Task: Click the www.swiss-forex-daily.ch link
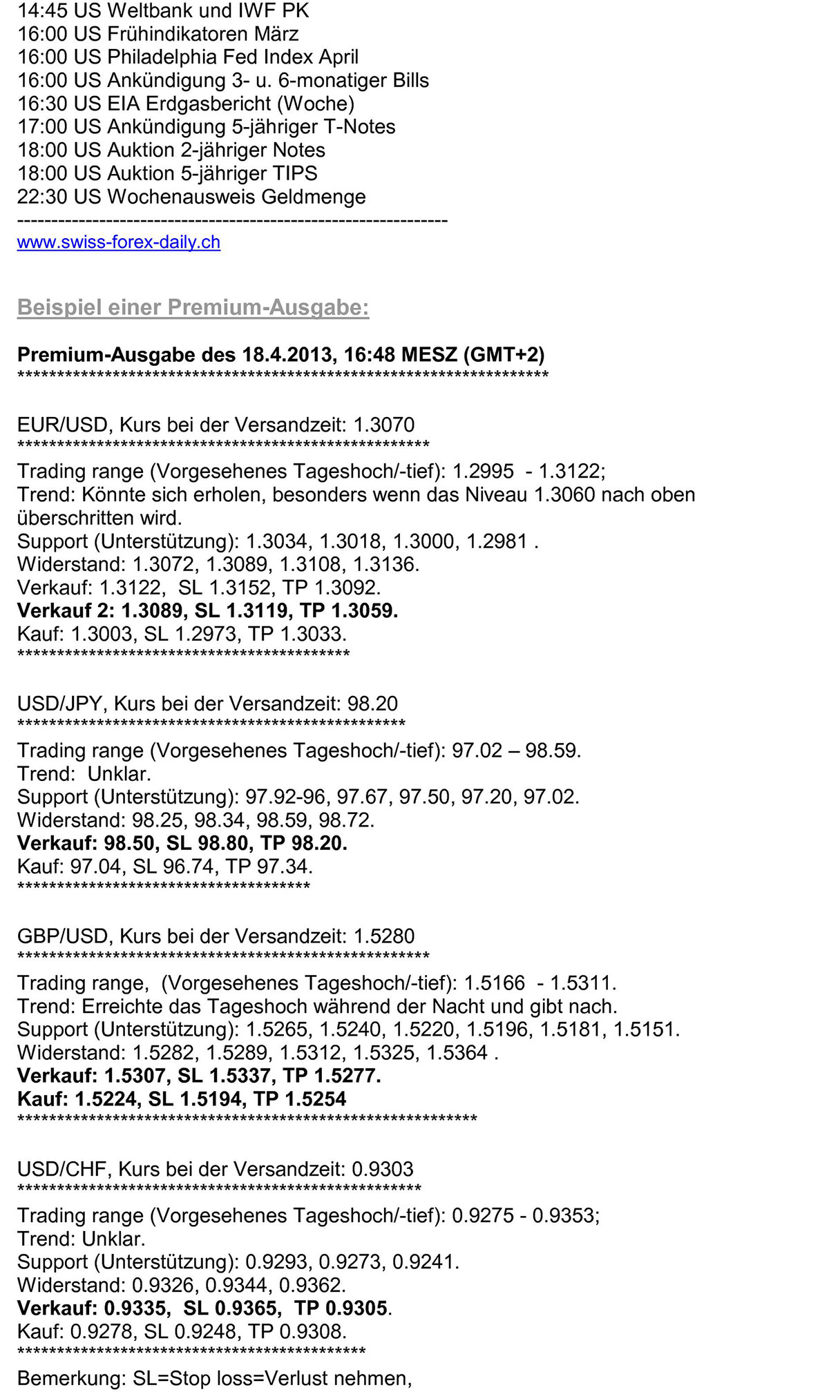118,242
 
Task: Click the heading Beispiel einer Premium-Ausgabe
193,307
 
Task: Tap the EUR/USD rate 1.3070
383,425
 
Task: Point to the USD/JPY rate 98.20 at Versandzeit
372,704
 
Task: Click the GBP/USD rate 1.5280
383,936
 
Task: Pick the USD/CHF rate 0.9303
382,1169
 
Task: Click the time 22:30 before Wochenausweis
42,197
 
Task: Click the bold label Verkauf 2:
66,611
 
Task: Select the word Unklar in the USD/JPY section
119,774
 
